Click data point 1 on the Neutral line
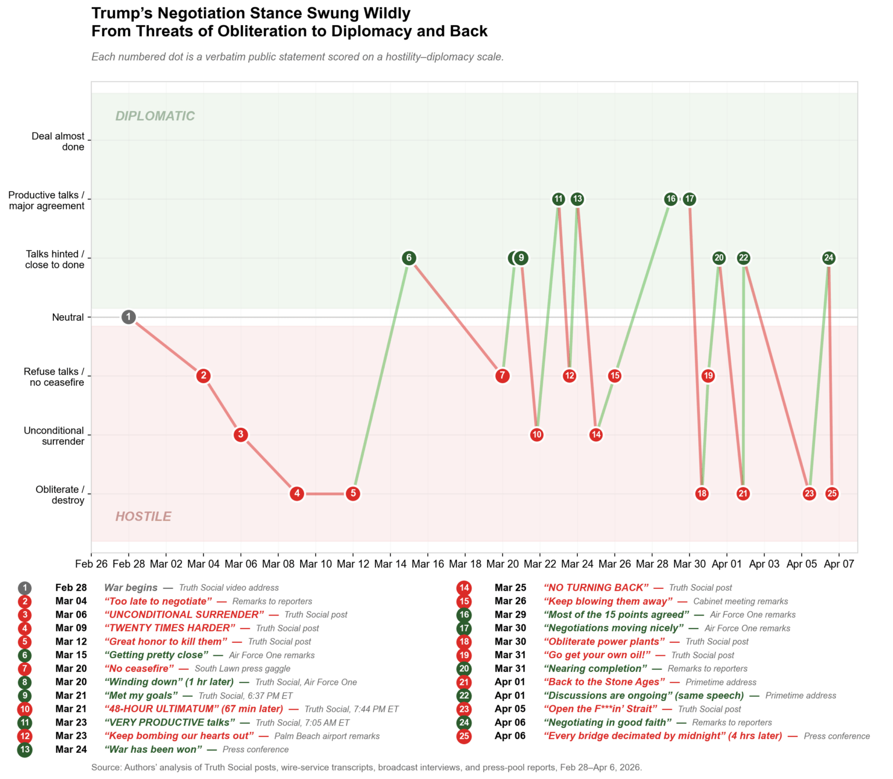[128, 317]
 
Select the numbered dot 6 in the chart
[409, 258]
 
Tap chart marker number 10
[537, 434]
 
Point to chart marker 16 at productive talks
[670, 199]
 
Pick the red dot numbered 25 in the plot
[832, 494]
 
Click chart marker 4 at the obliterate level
[297, 494]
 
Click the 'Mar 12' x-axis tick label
[353, 564]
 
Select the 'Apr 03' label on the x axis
[764, 564]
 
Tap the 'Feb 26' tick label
[91, 564]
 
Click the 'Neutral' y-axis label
[68, 317]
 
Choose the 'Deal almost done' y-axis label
[58, 141]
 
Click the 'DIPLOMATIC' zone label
[155, 116]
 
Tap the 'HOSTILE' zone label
[143, 517]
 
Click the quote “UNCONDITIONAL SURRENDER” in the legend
[184, 614]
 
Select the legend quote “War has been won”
[153, 749]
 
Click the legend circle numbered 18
[464, 642]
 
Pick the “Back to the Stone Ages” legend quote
[604, 682]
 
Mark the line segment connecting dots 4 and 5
[325, 494]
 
